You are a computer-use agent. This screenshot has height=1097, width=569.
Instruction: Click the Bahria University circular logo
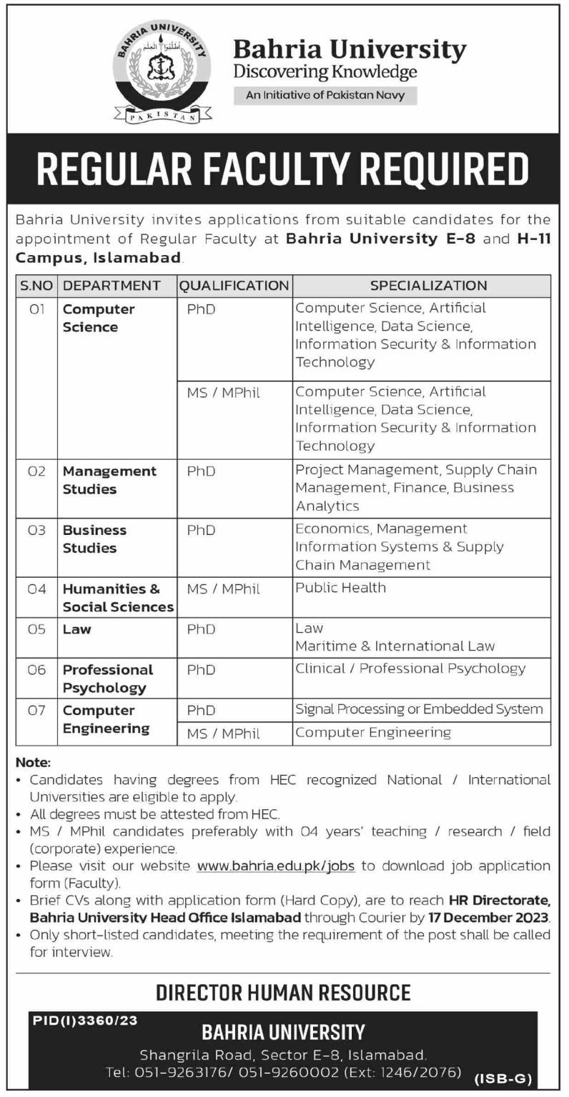coord(163,73)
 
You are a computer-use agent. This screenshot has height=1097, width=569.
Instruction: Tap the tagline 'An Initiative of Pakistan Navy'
coord(325,95)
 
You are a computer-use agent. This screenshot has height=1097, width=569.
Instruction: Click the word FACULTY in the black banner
coord(281,169)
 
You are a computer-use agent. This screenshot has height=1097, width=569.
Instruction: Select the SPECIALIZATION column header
coord(428,286)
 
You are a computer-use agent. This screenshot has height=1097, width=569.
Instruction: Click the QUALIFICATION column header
coord(234,286)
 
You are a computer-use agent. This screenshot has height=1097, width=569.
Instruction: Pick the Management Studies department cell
coord(109,480)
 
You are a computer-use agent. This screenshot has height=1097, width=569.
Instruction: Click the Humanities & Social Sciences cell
coord(118,598)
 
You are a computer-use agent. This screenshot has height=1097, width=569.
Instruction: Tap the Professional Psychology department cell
coord(108,678)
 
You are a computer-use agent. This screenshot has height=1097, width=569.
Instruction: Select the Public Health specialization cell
coord(341,588)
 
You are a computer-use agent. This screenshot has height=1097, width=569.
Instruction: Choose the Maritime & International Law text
coord(395,646)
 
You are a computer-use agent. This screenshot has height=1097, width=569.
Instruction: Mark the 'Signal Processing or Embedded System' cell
coord(419,709)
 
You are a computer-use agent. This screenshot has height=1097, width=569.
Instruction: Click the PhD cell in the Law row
coord(201,629)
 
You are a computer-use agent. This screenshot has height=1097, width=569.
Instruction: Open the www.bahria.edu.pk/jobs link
coord(275,866)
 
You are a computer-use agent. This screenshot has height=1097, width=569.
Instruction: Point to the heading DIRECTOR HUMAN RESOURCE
coord(283,992)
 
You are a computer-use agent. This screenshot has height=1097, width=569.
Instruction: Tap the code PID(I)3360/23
coord(85,1021)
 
